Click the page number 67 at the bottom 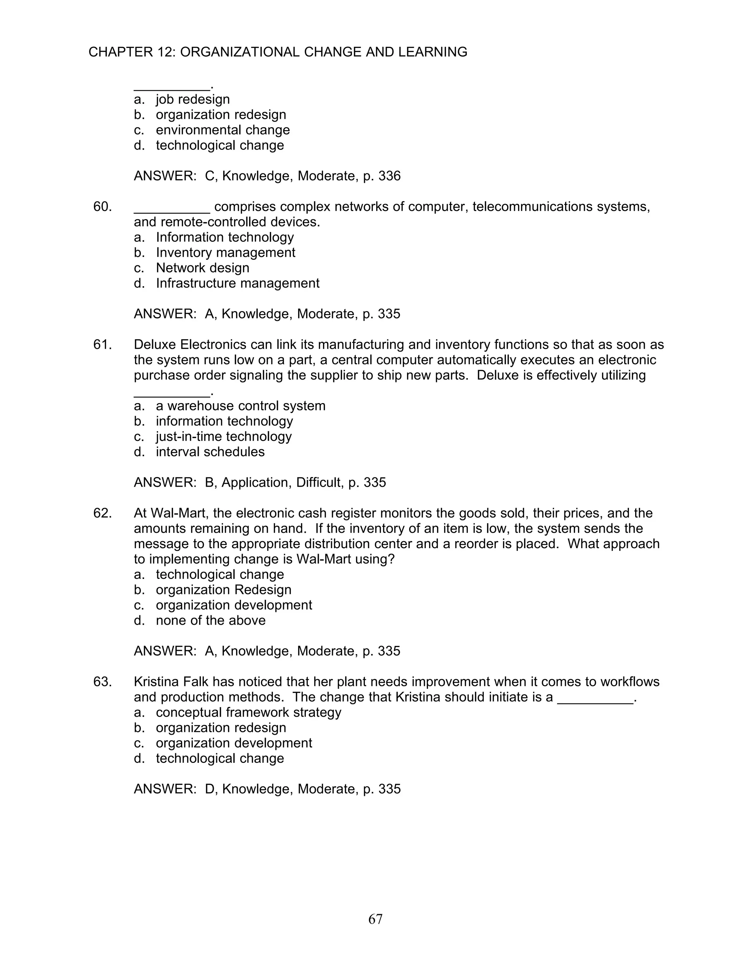pyautogui.click(x=375, y=919)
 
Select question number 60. pyautogui.click(x=102, y=207)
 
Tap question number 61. pyautogui.click(x=102, y=344)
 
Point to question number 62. pyautogui.click(x=102, y=513)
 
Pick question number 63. pyautogui.click(x=102, y=682)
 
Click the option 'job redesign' pyautogui.click(x=193, y=99)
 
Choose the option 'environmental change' pyautogui.click(x=223, y=130)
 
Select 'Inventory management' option pyautogui.click(x=225, y=252)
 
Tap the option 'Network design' pyautogui.click(x=202, y=267)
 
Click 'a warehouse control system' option pyautogui.click(x=240, y=406)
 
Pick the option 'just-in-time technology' pyautogui.click(x=223, y=437)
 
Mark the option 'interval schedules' pyautogui.click(x=210, y=452)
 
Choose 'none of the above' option pyautogui.click(x=210, y=620)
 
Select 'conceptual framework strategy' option pyautogui.click(x=248, y=712)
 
